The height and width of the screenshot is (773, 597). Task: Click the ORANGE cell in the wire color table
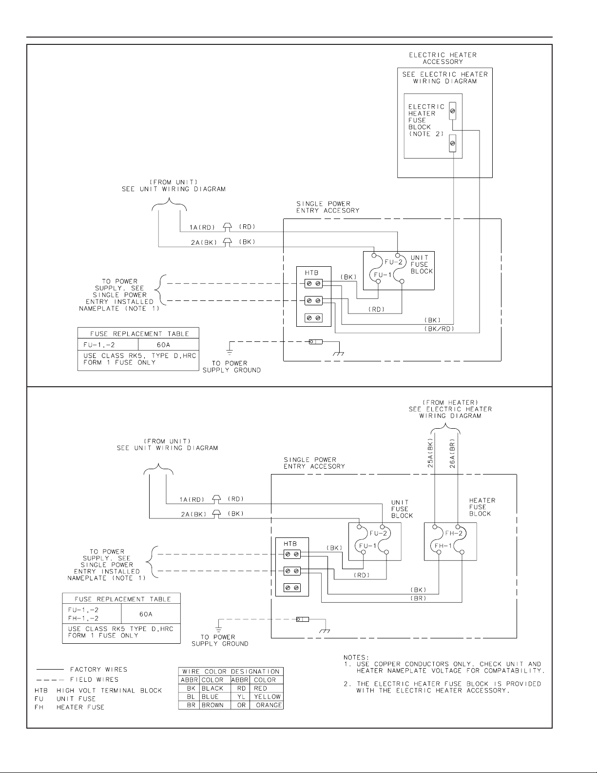[269, 705]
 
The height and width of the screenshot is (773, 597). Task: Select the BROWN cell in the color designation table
[212, 705]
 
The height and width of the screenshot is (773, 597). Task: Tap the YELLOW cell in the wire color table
[267, 696]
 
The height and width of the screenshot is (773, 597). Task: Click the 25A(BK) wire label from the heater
[430, 454]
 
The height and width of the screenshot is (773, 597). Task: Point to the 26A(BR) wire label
[452, 454]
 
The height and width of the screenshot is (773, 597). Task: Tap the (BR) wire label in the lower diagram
[419, 597]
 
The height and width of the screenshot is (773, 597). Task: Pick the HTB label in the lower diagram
[289, 544]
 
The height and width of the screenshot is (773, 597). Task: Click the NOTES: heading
[357, 657]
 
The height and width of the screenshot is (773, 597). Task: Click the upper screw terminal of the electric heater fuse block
[453, 112]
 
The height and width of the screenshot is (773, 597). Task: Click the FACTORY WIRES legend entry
[98, 670]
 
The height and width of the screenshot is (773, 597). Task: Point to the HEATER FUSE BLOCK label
[481, 507]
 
